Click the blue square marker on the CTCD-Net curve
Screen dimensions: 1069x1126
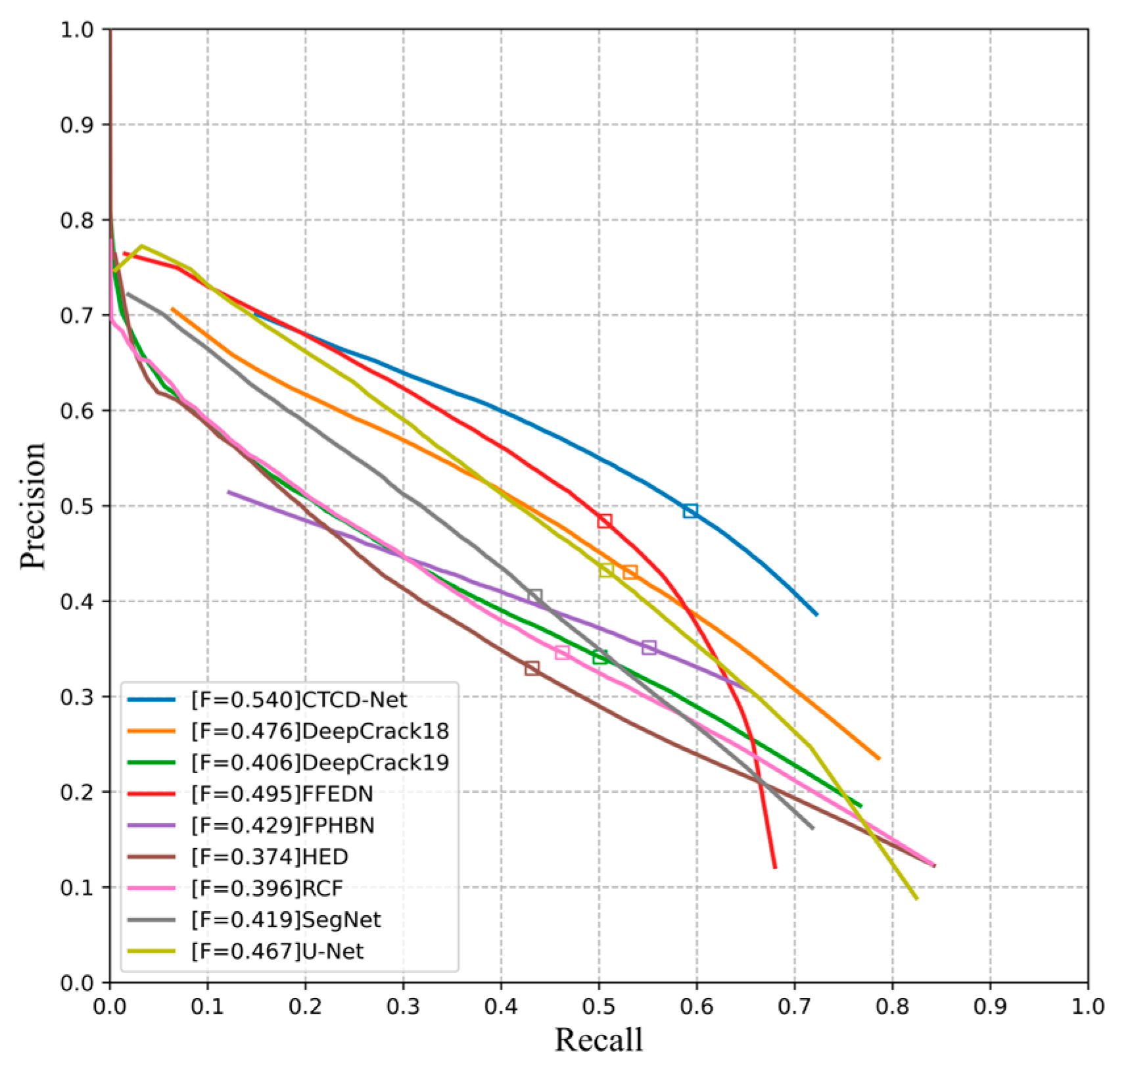pos(690,511)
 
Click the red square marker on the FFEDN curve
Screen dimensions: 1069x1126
pos(605,521)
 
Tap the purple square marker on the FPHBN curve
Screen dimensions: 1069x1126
pos(649,648)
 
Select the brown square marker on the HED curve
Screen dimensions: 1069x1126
pos(532,668)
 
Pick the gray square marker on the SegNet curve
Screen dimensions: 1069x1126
pos(535,596)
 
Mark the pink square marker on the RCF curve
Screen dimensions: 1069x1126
pos(562,652)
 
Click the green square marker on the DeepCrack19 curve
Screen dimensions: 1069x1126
pos(599,657)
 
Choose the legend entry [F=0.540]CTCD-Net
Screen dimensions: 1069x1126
pos(299,699)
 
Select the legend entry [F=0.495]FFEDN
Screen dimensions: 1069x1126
pos(282,794)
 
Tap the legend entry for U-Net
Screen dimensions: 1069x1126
pos(277,951)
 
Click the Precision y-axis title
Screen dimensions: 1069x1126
pos(33,505)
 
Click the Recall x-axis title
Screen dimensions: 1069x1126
pos(598,1039)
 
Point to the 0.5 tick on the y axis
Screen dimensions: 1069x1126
pos(78,506)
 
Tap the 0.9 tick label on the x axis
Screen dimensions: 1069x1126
pos(990,1007)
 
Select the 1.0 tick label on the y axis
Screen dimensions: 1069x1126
pos(78,30)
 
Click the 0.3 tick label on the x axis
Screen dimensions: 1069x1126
pos(403,1007)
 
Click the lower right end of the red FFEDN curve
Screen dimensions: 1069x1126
pos(775,867)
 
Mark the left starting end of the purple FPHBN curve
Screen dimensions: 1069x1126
pos(229,492)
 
